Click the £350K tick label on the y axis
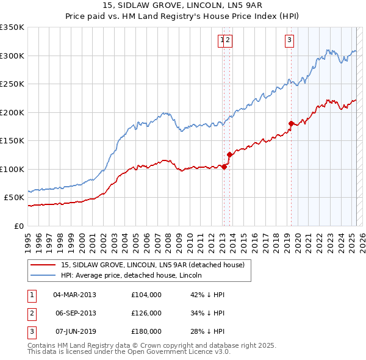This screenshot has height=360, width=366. (12, 27)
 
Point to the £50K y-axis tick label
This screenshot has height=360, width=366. (13, 198)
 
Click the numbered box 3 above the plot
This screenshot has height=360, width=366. (289, 40)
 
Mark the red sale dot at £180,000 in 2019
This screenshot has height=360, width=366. (291, 123)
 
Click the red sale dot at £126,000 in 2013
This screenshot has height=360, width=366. (229, 154)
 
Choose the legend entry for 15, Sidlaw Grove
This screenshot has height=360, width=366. (152, 265)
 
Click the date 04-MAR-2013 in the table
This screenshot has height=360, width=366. (75, 295)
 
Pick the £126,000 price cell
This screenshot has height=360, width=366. (146, 313)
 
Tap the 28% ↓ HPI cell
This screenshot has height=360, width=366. (207, 331)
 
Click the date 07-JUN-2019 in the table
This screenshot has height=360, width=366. (75, 331)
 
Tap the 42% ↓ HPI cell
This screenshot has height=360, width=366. (207, 295)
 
